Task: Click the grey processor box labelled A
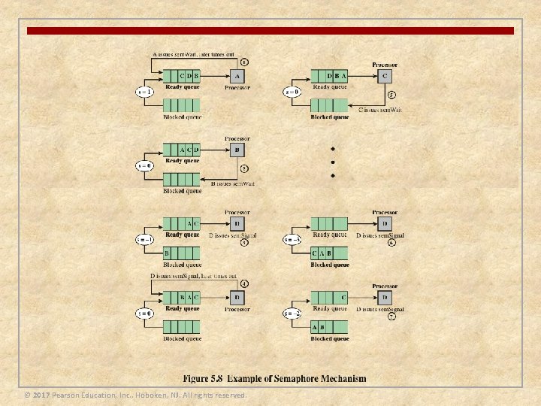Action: tap(238, 76)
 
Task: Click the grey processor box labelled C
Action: tap(385, 76)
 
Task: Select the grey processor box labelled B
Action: tap(238, 150)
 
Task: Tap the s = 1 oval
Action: tap(146, 92)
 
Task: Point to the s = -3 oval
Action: tap(293, 240)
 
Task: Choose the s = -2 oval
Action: tap(293, 314)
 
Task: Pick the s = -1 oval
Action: tap(146, 240)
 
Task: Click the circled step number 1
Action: tap(244, 61)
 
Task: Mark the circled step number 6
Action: tap(392, 242)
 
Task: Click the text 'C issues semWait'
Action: tap(380, 110)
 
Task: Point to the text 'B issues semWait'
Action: tap(232, 183)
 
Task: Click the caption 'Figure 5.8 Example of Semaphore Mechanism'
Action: tap(275, 377)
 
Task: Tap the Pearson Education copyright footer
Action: tap(135, 395)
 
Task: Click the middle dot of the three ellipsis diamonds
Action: tap(333, 162)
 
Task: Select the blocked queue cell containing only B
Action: tap(168, 253)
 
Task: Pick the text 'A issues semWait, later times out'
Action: tap(194, 54)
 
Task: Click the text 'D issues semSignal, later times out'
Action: tap(194, 276)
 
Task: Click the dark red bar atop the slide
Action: tap(270, 31)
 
